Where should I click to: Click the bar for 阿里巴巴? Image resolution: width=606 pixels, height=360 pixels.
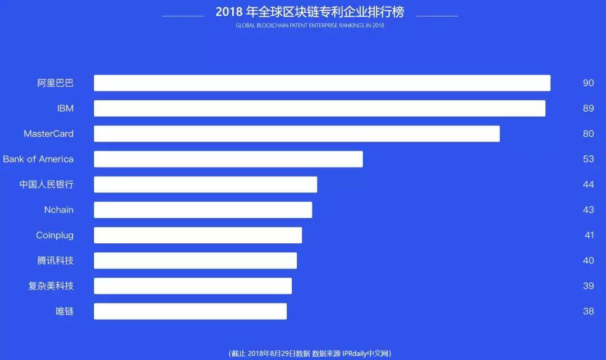(322, 83)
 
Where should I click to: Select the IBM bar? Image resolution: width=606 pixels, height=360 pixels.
(319, 108)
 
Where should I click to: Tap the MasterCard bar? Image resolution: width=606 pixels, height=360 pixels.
(296, 133)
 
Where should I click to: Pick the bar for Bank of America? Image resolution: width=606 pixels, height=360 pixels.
(228, 159)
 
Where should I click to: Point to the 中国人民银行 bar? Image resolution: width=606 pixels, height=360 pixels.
(205, 184)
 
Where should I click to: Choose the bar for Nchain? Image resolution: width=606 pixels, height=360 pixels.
(203, 210)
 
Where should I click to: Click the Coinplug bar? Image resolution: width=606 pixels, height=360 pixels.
(198, 235)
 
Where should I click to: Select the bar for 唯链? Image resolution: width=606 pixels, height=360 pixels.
(190, 311)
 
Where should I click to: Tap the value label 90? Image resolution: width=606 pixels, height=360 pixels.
(588, 83)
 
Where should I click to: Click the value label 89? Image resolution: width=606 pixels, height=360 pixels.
(588, 108)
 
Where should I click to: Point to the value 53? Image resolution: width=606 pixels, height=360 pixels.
(588, 159)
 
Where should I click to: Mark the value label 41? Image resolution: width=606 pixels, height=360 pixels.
(589, 235)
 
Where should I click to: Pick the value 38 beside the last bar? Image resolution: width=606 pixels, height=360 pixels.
(588, 311)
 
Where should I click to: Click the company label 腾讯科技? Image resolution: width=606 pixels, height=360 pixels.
(56, 261)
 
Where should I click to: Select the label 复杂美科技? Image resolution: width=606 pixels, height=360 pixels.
(51, 286)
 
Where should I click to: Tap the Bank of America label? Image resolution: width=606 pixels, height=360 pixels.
(38, 159)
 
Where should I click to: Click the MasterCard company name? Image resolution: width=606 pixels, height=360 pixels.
(48, 134)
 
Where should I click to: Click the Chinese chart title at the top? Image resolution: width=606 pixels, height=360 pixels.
(310, 12)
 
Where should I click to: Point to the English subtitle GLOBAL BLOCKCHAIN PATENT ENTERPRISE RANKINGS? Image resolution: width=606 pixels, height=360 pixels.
(310, 26)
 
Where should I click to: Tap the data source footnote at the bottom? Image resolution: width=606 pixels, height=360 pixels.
(310, 353)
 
